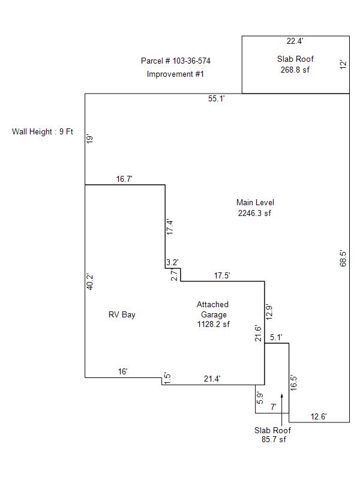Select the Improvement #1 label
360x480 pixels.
pos(176,74)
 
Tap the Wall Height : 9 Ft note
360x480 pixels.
pos(42,132)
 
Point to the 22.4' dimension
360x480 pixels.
pos(295,41)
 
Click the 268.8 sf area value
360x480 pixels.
pos(295,69)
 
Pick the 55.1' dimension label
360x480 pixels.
pos(217,99)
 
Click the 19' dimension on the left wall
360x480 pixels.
pos(90,139)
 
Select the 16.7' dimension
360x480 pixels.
pos(125,179)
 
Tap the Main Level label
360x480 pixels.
pos(255,203)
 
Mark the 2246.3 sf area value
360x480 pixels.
pos(255,212)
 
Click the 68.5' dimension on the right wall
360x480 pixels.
pos(343,259)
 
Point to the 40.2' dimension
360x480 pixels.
pos(90,282)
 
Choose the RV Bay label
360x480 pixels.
pos(122,315)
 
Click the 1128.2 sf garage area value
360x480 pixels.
pos(213,324)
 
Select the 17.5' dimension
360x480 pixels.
pos(223,275)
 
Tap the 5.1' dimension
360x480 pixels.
pos(277,338)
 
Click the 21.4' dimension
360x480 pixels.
pos(212,379)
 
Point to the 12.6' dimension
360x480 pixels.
pos(319,417)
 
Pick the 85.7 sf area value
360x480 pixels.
pos(273,440)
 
